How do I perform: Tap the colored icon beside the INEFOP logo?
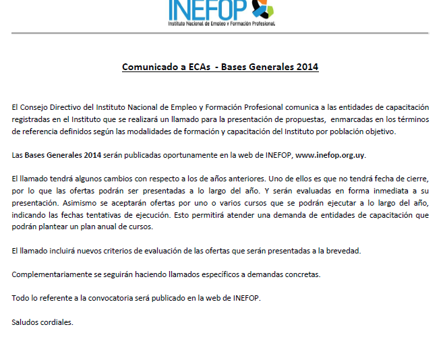[x=262, y=8]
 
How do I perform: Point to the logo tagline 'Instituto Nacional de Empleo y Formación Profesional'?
[x=222, y=23]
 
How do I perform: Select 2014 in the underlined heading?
[x=307, y=67]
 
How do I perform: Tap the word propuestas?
[x=291, y=119]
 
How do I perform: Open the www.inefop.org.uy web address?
[x=330, y=155]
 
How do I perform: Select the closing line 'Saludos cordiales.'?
[x=42, y=322]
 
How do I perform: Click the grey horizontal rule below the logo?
[x=222, y=33]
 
